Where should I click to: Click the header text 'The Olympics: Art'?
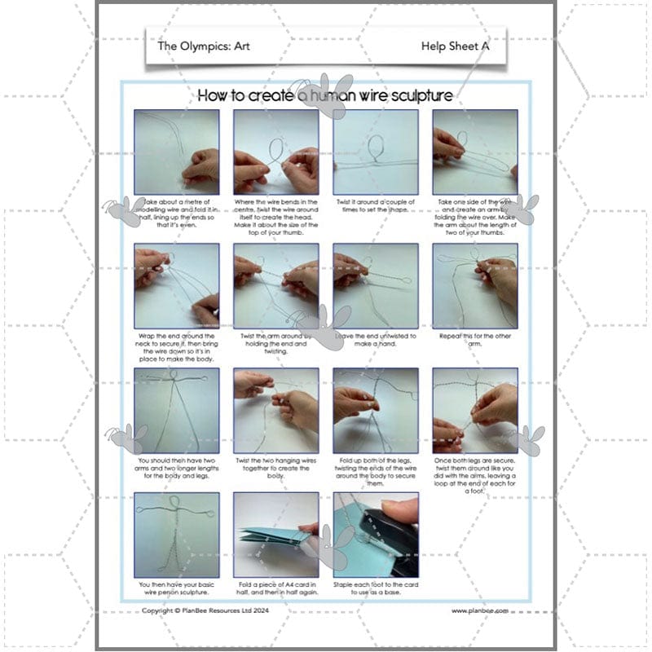coord(203,46)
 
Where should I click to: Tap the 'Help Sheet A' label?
coord(455,46)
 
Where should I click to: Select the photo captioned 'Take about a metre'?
coord(176,152)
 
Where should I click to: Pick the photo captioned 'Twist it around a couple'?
coord(375,152)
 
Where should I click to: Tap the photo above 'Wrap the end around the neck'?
coord(176,285)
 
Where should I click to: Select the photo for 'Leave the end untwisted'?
coord(375,285)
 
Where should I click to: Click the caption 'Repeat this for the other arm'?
coord(475,339)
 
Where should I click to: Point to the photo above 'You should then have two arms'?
coord(176,410)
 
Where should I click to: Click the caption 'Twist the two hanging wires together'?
coord(275,470)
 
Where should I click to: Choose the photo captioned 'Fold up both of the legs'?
coord(375,410)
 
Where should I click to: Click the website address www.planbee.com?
coord(479,610)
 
